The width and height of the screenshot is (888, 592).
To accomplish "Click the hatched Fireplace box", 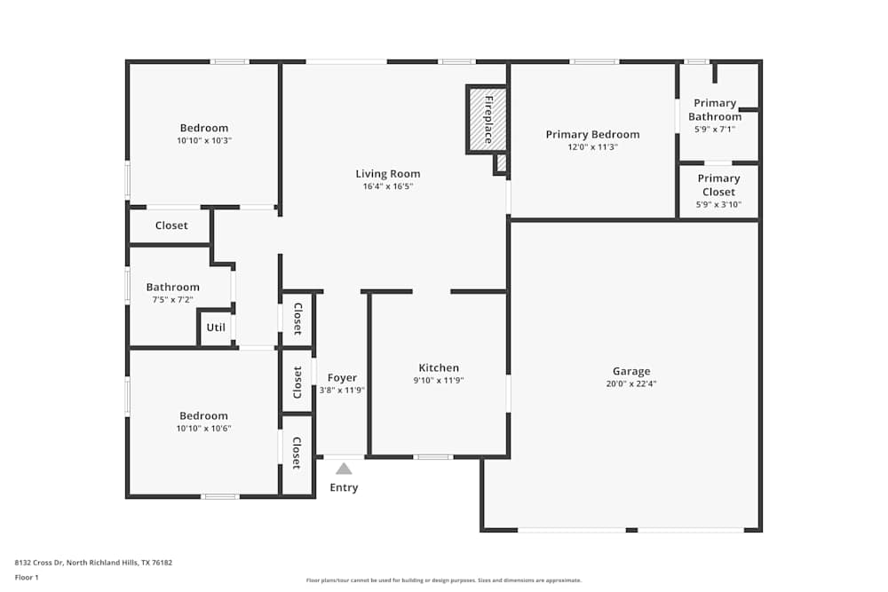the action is click(487, 120).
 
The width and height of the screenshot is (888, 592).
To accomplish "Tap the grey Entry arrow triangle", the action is click(344, 469).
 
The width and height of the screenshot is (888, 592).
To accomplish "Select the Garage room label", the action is click(631, 371).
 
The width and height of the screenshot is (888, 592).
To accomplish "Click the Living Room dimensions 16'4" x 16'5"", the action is click(388, 186).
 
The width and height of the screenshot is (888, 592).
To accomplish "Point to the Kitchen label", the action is click(439, 367).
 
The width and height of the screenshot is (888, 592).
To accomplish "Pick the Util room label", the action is click(216, 328).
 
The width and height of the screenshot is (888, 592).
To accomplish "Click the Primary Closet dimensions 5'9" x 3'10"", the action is click(718, 204).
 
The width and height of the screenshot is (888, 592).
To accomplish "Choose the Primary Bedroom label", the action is click(593, 135).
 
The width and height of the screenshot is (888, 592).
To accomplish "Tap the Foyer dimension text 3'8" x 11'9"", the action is click(342, 390).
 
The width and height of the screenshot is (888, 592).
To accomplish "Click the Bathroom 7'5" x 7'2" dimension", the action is click(173, 299).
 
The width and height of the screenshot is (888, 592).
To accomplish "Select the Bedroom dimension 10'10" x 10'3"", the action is click(204, 140).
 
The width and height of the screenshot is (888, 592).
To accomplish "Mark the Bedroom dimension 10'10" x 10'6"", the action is click(204, 429).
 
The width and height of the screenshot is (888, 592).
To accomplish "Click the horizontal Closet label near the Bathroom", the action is click(171, 225).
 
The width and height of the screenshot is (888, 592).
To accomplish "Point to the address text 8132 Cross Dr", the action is click(39, 563).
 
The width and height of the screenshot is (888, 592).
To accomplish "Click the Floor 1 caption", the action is click(27, 577).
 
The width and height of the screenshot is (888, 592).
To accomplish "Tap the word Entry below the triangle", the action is click(344, 488).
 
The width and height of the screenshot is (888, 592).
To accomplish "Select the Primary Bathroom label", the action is click(715, 110).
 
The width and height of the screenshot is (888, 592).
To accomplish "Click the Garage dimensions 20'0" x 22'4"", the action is click(631, 383).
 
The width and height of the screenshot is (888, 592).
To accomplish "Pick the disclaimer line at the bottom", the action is click(444, 580).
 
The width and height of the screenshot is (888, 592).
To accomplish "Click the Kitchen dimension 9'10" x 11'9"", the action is click(439, 381).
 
